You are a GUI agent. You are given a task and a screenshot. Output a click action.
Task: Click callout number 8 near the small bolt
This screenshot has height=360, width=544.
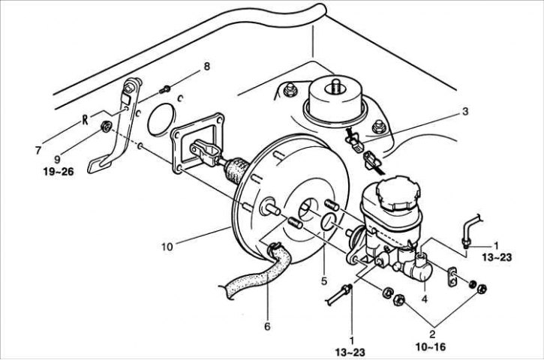click(x=207, y=66)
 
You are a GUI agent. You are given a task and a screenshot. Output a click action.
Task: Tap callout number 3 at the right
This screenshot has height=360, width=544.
click(x=465, y=111)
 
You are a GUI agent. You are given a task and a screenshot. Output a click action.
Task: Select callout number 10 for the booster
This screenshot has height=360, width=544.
click(x=167, y=247)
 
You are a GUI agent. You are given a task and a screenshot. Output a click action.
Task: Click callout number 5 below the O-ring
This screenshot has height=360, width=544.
click(x=324, y=281)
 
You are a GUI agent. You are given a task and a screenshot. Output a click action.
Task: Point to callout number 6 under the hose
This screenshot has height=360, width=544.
click(x=267, y=326)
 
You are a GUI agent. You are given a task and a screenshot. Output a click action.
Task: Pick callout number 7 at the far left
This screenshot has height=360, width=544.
click(x=38, y=150)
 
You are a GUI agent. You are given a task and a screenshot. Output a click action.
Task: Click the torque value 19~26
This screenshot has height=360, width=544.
click(x=59, y=171)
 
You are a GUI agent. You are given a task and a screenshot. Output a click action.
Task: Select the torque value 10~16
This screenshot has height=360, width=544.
click(x=431, y=346)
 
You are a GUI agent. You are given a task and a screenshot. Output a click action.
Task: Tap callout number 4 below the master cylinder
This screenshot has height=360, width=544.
click(x=424, y=298)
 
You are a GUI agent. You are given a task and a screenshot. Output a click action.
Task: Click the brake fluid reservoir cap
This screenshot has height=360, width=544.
click(x=399, y=193)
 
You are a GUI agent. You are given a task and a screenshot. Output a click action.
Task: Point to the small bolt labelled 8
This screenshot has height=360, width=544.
click(x=164, y=89)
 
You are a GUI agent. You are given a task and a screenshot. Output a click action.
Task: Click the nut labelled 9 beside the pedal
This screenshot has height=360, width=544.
click(x=106, y=126)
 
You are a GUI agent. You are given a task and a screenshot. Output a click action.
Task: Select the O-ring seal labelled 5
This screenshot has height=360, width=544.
click(x=328, y=221)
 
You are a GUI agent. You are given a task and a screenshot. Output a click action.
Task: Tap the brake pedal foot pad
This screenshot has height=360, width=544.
click(x=98, y=165)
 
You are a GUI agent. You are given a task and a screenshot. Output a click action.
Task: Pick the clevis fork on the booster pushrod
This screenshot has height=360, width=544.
click(x=205, y=151)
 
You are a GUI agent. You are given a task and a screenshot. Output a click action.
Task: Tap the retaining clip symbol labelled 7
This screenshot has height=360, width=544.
click(x=85, y=119)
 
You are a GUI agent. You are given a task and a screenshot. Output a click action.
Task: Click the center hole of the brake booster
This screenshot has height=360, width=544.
click(x=308, y=208)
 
